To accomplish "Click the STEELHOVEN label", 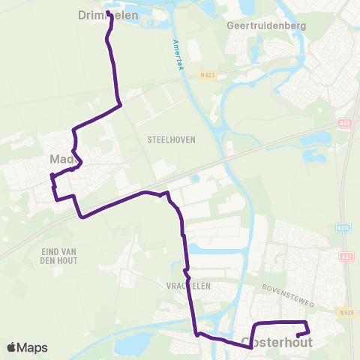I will pyautogui.click(x=166, y=139).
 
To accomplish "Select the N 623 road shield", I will pyautogui.click(x=208, y=75).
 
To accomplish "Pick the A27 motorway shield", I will pyautogui.click(x=346, y=256).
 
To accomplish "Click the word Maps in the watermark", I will pyautogui.click(x=33, y=347).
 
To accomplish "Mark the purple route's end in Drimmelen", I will pyautogui.click(x=109, y=13).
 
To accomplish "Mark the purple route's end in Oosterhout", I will pyautogui.click(x=298, y=334).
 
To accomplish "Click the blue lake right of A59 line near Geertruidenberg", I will pyautogui.click(x=320, y=139).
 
